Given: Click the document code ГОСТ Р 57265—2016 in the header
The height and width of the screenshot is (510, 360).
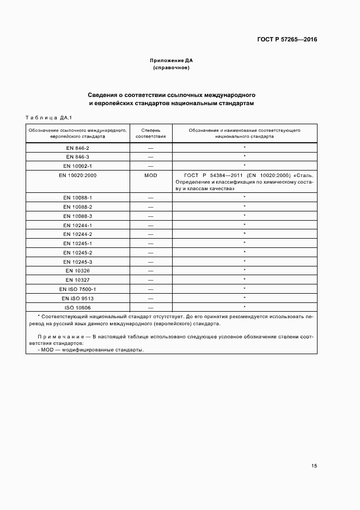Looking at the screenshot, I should coord(287,40).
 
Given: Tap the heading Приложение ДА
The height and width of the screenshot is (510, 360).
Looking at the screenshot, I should coord(172,60).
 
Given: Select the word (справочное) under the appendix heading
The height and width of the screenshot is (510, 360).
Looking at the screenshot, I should coord(172,68).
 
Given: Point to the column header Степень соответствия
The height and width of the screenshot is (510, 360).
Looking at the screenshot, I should coord(150,133).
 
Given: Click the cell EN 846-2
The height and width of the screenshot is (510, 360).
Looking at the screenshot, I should coord(78,148).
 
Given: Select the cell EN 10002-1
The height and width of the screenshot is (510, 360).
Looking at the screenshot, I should coord(78,166).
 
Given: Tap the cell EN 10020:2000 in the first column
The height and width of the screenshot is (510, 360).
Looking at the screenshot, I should coord(78,175).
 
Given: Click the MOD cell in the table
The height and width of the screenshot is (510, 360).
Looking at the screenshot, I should coord(150,175).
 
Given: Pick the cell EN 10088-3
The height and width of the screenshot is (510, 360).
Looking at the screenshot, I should coord(78,216).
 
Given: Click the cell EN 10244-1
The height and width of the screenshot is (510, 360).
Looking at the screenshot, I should coord(78,225).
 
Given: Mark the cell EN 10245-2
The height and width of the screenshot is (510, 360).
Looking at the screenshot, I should coord(78,253).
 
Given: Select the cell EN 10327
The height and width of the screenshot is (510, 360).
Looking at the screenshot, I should coord(78,280).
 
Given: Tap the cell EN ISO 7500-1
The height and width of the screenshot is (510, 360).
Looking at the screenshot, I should coord(78,289).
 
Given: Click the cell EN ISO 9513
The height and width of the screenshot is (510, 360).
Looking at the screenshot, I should coord(78,298).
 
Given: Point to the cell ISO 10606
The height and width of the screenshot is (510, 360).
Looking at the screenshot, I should coord(78,307).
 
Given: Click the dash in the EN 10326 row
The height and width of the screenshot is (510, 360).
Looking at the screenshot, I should coord(150,271).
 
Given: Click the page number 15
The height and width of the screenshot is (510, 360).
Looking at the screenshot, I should coord(314,466).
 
